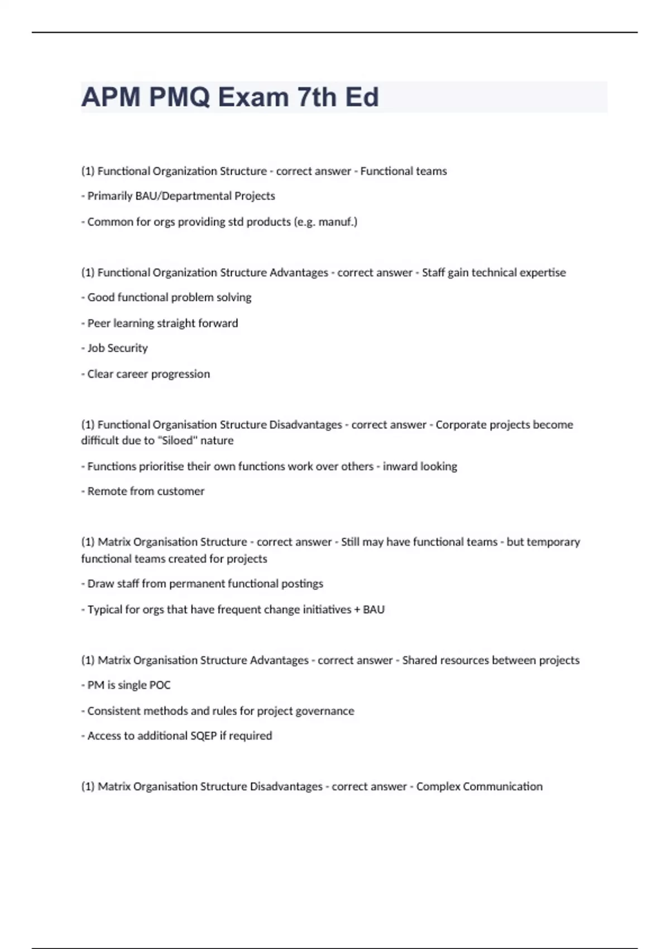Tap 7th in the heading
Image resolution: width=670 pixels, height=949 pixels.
317,97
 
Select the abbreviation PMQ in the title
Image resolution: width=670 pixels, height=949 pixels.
179,97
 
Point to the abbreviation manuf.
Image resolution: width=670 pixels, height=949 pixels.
337,222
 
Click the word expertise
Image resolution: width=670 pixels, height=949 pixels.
542,272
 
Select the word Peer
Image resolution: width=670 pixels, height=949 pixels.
99,323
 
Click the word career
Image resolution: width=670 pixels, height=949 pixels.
132,374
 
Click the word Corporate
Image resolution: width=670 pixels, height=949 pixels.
461,425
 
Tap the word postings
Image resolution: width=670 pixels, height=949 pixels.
302,584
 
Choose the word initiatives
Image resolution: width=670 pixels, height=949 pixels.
327,610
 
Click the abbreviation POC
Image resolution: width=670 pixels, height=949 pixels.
160,685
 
